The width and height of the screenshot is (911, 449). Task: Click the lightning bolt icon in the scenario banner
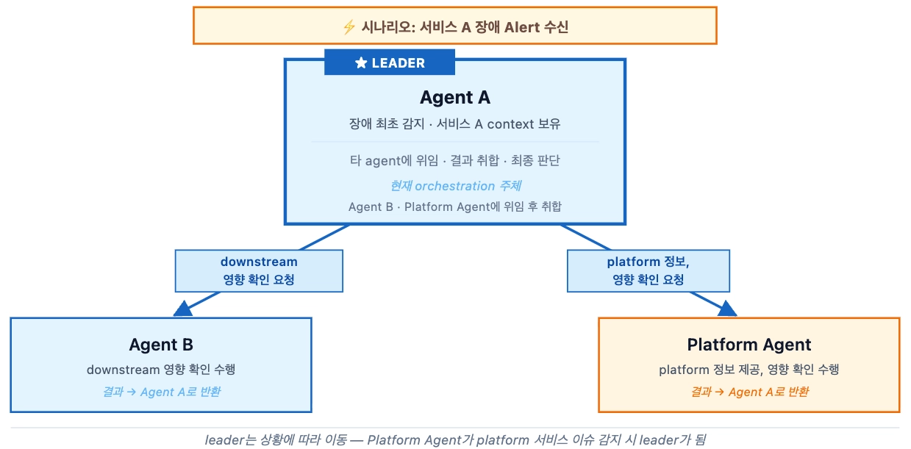(x=349, y=27)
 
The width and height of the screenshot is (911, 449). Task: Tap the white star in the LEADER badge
(x=361, y=63)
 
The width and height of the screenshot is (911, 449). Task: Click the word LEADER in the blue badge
(x=398, y=63)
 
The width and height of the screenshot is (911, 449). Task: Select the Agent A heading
(x=454, y=98)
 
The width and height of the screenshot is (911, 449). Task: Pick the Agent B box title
(x=161, y=345)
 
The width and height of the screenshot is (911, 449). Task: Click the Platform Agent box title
(x=749, y=345)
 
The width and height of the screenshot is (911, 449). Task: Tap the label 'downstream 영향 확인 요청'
(x=259, y=270)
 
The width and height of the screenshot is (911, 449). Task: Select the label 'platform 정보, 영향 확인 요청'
(x=648, y=270)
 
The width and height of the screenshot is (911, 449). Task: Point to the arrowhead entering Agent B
(x=184, y=308)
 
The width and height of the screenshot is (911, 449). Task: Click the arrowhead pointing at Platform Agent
(x=726, y=308)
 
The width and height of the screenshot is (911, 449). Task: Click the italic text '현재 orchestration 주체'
(x=455, y=186)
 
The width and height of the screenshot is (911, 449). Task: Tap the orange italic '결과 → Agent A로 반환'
(x=749, y=392)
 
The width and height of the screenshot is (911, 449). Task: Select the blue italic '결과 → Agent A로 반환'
(x=161, y=392)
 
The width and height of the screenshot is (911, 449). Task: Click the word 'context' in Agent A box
(x=510, y=124)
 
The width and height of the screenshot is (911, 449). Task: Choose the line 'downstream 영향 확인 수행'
(x=161, y=370)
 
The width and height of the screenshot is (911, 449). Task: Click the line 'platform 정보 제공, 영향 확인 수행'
(x=749, y=370)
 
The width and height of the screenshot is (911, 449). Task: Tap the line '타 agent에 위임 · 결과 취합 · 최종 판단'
(x=455, y=160)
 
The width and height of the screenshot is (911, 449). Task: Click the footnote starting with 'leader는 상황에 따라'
(x=455, y=440)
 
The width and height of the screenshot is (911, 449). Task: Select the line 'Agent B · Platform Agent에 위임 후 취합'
(x=455, y=206)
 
